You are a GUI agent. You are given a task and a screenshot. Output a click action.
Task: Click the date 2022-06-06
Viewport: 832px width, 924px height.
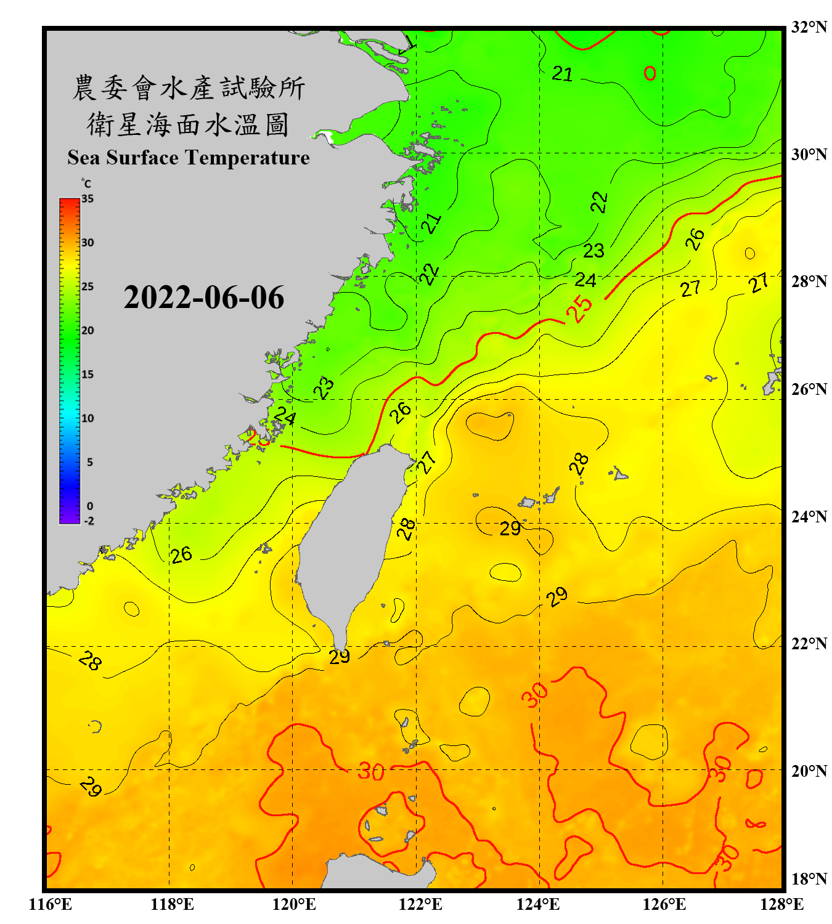203,298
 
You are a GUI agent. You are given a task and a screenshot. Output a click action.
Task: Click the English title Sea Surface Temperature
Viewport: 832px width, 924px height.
189,158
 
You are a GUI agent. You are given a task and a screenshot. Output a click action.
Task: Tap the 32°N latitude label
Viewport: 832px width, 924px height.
809,27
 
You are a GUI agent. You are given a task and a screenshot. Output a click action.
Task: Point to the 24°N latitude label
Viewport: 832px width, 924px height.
809,516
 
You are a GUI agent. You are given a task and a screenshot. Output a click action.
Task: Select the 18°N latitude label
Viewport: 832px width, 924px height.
809,879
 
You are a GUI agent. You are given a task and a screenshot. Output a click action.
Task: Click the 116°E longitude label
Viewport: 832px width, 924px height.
51,904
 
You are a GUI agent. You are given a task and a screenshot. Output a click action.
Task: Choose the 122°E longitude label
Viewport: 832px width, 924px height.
420,904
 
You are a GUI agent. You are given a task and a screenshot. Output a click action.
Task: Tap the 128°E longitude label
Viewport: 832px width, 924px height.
781,904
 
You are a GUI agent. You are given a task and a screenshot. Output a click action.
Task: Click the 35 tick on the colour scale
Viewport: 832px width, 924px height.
88,199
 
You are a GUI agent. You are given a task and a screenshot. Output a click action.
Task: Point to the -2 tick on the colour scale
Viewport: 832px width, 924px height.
89,521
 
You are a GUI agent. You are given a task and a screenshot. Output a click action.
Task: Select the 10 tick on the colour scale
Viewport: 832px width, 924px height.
88,418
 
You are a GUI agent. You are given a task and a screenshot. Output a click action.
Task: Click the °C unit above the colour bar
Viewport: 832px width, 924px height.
86,184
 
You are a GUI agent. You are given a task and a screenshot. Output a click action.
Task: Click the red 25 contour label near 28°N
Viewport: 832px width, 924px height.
579,309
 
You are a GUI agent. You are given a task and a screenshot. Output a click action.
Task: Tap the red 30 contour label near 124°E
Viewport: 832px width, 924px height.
534,694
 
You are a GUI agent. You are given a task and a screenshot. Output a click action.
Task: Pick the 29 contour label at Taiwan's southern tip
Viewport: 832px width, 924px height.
340,657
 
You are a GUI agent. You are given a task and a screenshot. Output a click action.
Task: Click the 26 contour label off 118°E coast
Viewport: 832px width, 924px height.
181,555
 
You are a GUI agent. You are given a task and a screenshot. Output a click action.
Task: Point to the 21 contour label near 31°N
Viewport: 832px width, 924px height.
562,74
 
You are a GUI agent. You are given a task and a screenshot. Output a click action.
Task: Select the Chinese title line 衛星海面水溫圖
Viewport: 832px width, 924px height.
188,124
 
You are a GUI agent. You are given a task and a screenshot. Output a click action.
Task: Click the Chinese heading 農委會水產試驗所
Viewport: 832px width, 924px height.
188,88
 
